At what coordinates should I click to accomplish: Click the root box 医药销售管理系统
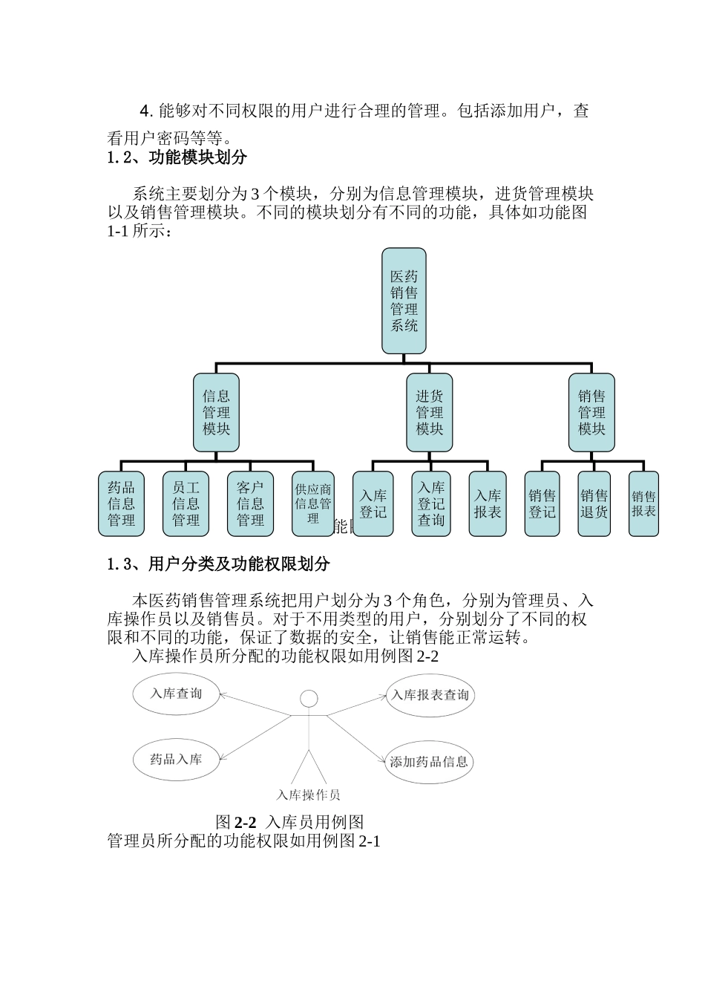[x=404, y=301]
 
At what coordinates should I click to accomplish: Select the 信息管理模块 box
[x=216, y=412]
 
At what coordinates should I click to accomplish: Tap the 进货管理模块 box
[x=429, y=412]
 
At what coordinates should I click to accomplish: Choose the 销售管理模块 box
[x=591, y=412]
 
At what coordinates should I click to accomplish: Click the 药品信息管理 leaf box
[x=121, y=503]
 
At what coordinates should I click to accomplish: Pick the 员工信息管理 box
[x=186, y=503]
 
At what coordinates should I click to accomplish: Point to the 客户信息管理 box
[x=250, y=503]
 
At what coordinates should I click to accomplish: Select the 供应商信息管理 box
[x=312, y=503]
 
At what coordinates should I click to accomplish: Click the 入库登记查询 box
[x=431, y=503]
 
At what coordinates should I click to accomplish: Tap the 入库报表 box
[x=488, y=503]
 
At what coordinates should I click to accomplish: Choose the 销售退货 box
[x=594, y=503]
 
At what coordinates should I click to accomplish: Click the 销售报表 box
[x=643, y=503]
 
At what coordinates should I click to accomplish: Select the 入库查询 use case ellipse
[x=177, y=694]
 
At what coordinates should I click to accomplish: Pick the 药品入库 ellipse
[x=177, y=759]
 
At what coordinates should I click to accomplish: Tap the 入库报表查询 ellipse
[x=430, y=695]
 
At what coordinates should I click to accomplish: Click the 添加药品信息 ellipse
[x=430, y=762]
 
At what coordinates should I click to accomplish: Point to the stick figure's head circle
[x=309, y=699]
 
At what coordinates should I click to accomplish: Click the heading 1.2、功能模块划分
[x=177, y=157]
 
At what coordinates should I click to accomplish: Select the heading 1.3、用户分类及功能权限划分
[x=218, y=564]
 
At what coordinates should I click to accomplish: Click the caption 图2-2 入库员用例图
[x=289, y=822]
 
